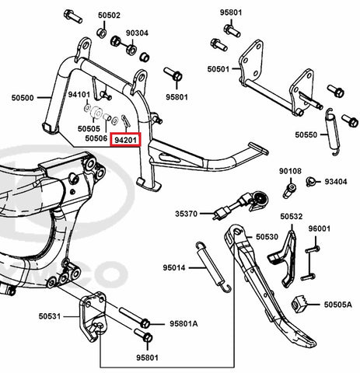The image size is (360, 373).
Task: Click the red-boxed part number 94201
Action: (125, 140)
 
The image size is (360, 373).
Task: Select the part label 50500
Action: (23, 98)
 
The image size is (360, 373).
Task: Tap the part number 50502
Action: (109, 16)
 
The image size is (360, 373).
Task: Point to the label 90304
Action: (137, 33)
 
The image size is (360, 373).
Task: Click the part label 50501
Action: (218, 69)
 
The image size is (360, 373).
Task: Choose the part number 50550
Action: (306, 134)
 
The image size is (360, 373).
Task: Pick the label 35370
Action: (186, 214)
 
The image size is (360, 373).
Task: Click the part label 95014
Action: (174, 267)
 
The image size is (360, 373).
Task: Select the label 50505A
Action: (338, 305)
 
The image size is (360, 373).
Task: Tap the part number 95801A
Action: (183, 324)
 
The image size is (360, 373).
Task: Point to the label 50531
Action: (50, 316)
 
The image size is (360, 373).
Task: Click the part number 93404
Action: (336, 182)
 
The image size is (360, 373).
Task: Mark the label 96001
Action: (320, 228)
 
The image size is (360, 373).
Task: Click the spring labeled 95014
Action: (214, 267)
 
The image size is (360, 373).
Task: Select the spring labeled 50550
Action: (332, 132)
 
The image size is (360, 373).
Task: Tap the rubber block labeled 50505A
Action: (299, 304)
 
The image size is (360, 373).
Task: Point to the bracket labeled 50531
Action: (93, 316)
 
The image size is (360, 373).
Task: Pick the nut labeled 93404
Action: (310, 182)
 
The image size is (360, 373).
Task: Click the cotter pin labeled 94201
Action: (124, 120)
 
